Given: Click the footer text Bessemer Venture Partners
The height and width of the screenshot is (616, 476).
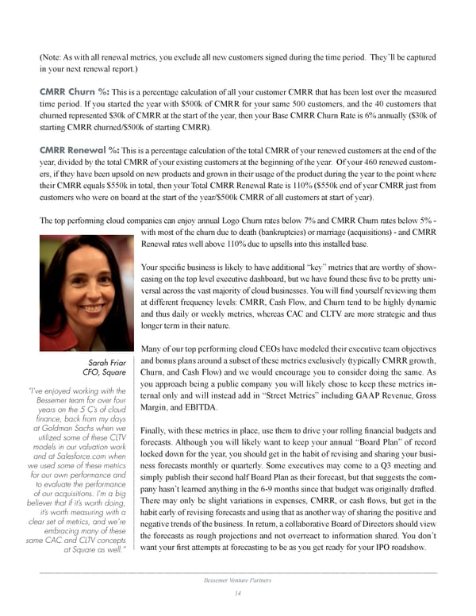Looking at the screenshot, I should point(238,580).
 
